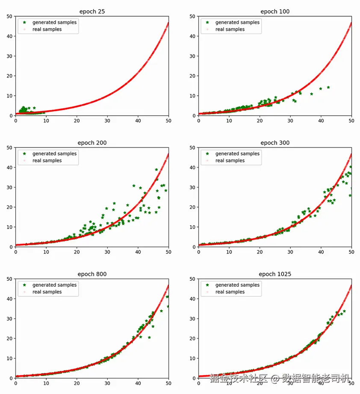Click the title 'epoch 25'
coord(92,12)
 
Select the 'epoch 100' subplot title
coord(275,12)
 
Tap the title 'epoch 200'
coord(92,143)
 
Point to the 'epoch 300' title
coord(275,143)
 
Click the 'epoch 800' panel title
coord(92,274)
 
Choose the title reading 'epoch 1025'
coord(275,274)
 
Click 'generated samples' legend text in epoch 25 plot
coord(55,22)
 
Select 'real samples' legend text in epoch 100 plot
coord(230,29)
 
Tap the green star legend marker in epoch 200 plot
coord(24,153)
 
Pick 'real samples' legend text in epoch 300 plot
coord(230,161)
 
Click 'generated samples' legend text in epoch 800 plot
coord(55,285)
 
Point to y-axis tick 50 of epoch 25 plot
coord(9,16)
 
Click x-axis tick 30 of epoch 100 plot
coord(290,121)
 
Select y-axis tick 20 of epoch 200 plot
coord(9,207)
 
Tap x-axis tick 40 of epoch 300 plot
coord(321,252)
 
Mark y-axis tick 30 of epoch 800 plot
coord(9,319)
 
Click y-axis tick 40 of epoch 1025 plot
coord(192,299)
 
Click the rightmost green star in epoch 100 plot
coord(328,87)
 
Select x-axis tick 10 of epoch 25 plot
coord(46,121)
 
